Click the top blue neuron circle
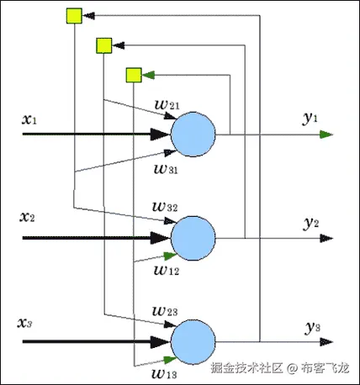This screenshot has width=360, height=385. click(193, 134)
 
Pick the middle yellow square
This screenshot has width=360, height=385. click(105, 45)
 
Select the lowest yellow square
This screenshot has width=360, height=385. click(133, 76)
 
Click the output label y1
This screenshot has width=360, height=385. click(310, 119)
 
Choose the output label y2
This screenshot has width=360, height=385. click(310, 223)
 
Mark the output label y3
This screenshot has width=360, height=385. click(312, 326)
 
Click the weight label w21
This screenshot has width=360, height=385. click(166, 103)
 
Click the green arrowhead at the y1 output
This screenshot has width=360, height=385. click(328, 134)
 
